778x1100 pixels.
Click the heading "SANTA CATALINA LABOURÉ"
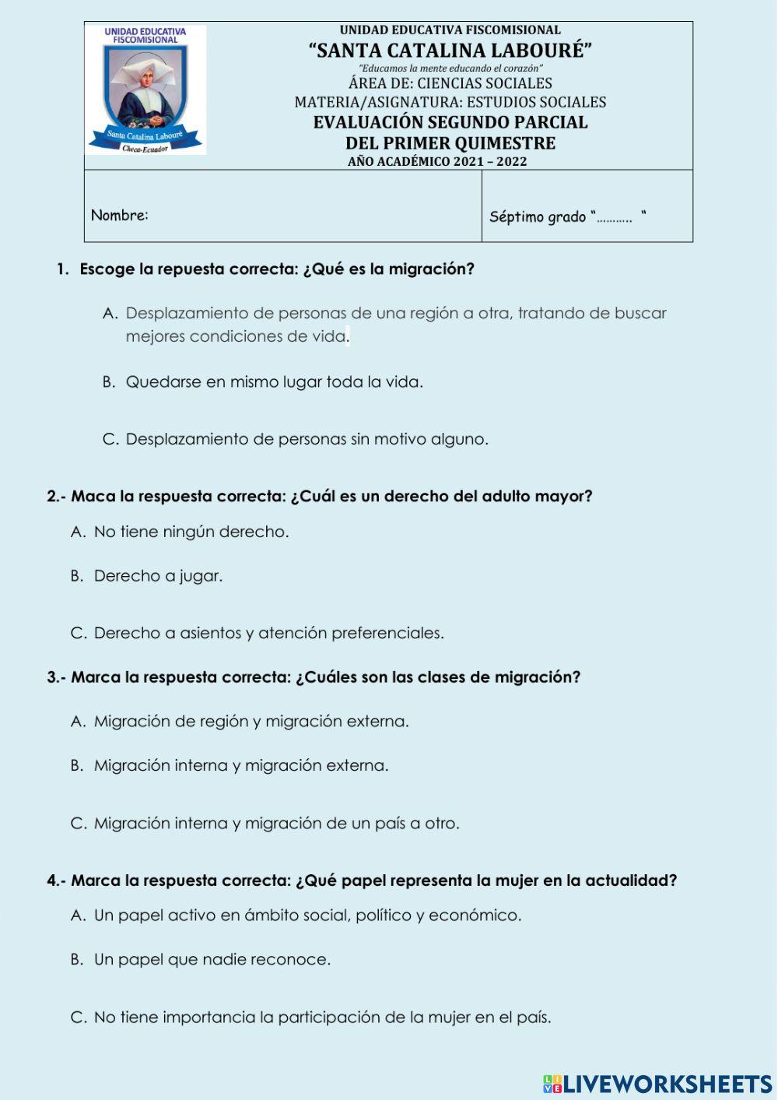[450, 51]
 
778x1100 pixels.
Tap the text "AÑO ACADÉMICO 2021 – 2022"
[437, 162]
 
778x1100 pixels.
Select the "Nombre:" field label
[120, 215]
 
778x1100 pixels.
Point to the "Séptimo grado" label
[538, 216]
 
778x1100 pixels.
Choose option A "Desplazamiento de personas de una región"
[395, 314]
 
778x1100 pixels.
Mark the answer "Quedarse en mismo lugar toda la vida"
[274, 382]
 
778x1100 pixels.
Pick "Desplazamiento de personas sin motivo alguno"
[307, 439]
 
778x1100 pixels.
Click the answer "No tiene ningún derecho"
[191, 532]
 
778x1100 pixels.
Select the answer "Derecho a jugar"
[158, 576]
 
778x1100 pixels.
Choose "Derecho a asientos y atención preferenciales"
[268, 633]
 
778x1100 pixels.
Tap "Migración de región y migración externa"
[251, 722]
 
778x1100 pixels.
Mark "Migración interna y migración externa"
[240, 765]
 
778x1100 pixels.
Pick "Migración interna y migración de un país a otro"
[276, 823]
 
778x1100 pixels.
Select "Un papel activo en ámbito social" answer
[307, 915]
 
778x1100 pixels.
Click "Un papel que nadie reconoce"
[212, 960]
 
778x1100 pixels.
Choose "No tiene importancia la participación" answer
[322, 1017]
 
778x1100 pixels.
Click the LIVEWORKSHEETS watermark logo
[657, 1084]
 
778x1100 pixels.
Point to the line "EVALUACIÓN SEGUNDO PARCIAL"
[450, 122]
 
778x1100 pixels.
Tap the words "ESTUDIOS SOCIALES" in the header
[536, 102]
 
